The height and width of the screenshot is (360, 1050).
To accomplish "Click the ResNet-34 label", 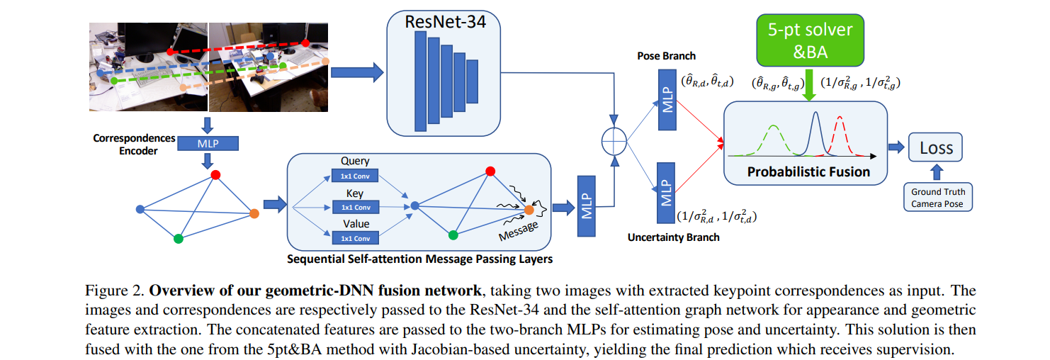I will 444,20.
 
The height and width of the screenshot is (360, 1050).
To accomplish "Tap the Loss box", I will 936,149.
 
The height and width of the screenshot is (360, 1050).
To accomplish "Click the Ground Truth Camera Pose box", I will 937,198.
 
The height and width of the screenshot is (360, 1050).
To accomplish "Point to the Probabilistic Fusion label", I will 808,172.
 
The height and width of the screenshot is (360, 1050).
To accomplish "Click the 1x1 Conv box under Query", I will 355,176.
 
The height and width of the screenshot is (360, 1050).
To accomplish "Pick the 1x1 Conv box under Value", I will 355,238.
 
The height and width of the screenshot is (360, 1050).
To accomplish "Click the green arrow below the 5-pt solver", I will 810,84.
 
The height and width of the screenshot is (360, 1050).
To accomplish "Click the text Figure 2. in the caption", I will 114,291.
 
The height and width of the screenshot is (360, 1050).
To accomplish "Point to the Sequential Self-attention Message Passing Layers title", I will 419,259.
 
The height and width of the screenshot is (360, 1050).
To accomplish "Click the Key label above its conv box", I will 354,192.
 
